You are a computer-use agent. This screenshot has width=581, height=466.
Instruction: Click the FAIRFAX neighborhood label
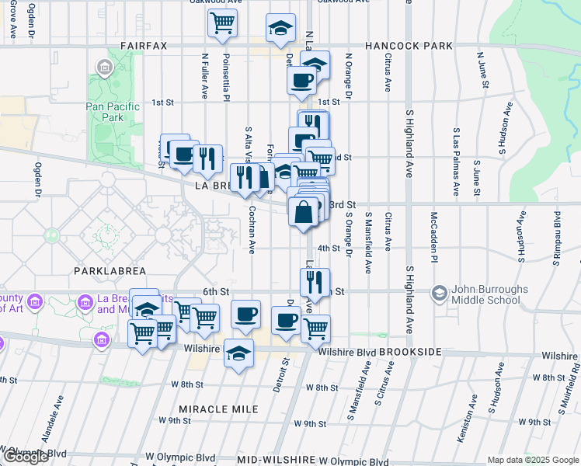pyautogui.click(x=143, y=46)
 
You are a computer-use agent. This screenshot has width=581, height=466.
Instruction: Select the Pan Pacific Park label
pyautogui.click(x=113, y=112)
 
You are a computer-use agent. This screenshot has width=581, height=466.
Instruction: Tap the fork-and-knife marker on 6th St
pyautogui.click(x=315, y=283)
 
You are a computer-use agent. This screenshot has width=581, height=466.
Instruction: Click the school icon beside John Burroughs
pyautogui.click(x=440, y=293)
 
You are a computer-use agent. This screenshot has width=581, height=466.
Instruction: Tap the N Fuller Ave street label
pyautogui.click(x=205, y=76)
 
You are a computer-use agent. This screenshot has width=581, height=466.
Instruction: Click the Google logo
pyautogui.click(x=25, y=457)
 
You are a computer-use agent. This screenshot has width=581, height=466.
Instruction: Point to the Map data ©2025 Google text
pyautogui.click(x=532, y=460)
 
